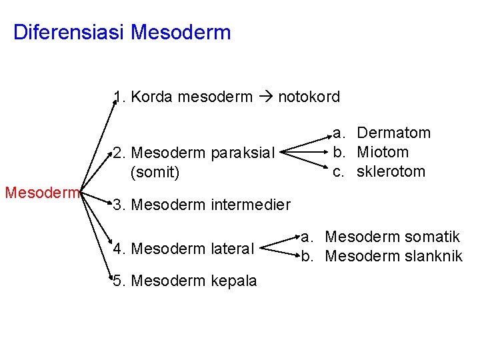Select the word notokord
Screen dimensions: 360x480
(309, 97)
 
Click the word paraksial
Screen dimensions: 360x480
(243, 153)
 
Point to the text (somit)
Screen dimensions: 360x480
(155, 173)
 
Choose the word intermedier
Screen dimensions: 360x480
(251, 204)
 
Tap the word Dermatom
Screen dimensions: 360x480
(393, 133)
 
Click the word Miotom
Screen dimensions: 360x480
(383, 152)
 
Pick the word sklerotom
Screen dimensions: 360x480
(391, 171)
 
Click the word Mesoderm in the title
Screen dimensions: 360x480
(181, 33)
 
